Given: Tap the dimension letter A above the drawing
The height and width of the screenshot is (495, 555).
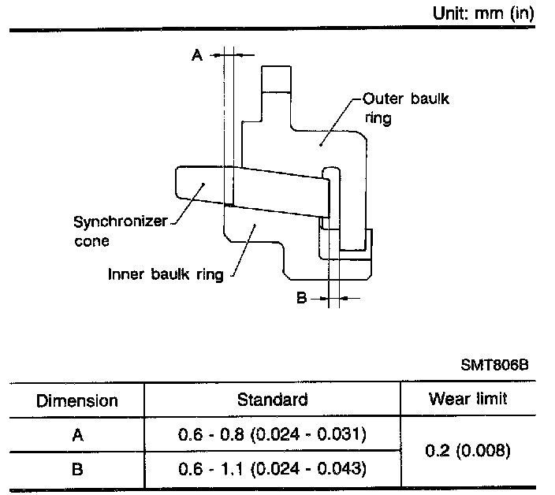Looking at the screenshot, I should click(x=197, y=54).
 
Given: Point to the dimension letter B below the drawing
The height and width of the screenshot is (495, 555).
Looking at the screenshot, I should click(x=301, y=298).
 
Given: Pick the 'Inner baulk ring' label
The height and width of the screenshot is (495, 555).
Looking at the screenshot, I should click(x=165, y=275).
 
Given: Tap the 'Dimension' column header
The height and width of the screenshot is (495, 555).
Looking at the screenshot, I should click(x=77, y=400).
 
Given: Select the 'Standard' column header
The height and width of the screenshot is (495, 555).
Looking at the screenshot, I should click(x=272, y=400).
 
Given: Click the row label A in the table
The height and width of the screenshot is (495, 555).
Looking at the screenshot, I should click(x=77, y=434).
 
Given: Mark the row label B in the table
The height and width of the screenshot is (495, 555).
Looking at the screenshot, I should click(x=77, y=469).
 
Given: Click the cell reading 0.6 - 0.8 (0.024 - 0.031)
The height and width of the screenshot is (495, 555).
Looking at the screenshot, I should click(x=272, y=434).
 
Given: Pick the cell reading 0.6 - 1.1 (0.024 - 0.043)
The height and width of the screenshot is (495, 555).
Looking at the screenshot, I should click(x=272, y=469).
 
